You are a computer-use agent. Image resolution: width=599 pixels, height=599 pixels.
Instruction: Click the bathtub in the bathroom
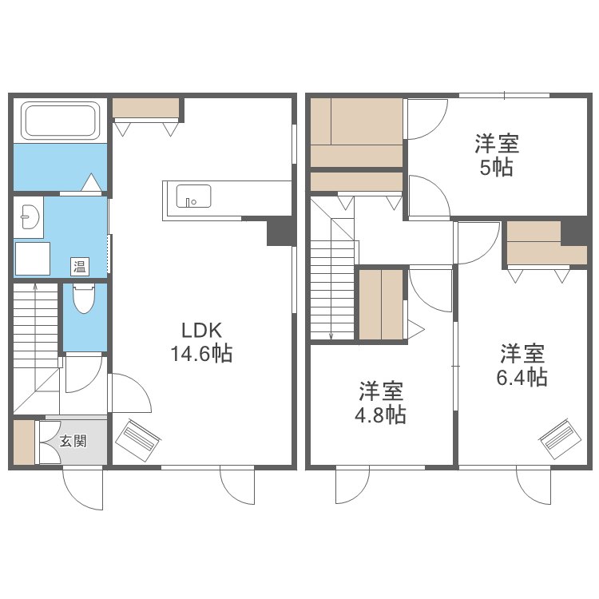pyautogui.click(x=60, y=121)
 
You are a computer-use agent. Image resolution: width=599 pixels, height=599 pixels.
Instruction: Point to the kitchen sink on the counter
pyautogui.click(x=193, y=196)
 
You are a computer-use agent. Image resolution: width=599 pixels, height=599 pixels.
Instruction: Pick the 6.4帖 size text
pyautogui.click(x=522, y=377)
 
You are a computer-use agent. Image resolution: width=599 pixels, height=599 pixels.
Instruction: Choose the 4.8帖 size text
pyautogui.click(x=380, y=415)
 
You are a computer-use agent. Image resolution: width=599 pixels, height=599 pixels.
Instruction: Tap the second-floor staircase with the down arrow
pyautogui.click(x=331, y=280)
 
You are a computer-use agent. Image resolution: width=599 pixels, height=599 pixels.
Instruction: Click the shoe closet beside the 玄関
pyautogui.click(x=24, y=442)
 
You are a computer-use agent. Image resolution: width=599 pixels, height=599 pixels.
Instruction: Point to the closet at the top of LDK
pyautogui.click(x=145, y=108)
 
